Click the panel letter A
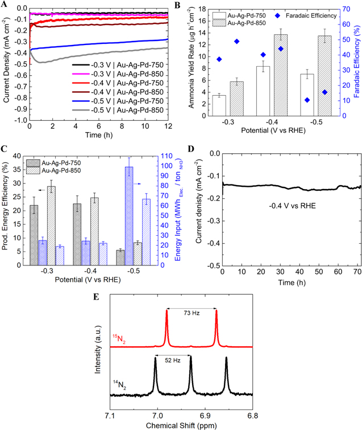coord(5,5)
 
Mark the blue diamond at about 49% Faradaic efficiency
coord(237,41)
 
